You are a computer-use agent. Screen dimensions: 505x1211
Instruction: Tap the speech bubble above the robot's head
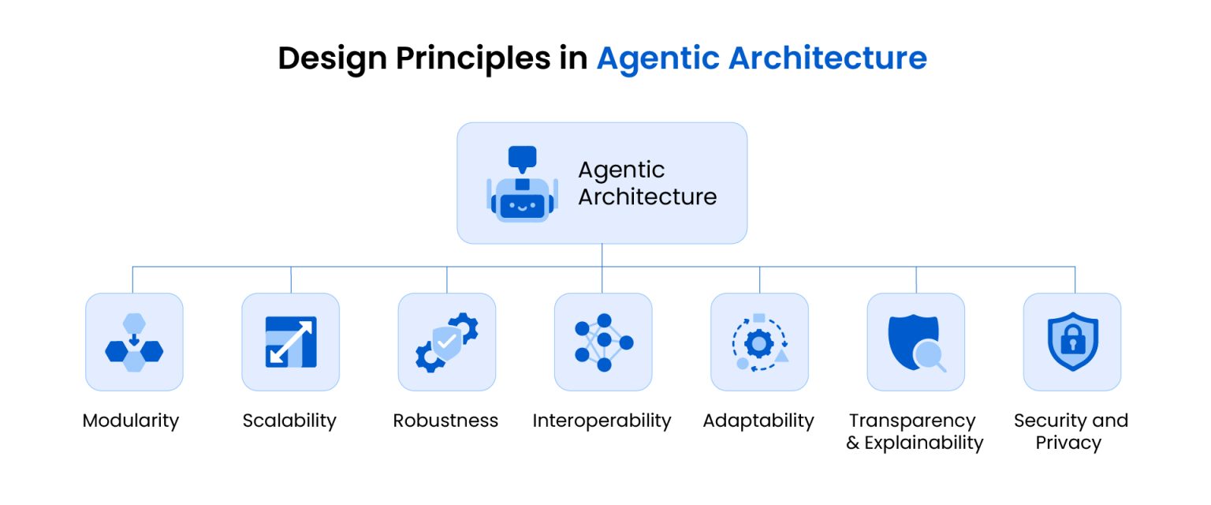click(x=522, y=157)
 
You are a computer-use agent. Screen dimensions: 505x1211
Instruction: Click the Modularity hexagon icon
click(x=134, y=342)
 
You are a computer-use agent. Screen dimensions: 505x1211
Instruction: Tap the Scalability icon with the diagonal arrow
click(x=291, y=342)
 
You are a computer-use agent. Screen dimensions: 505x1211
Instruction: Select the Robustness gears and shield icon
click(x=447, y=342)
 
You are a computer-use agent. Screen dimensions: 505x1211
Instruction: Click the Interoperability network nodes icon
click(x=603, y=342)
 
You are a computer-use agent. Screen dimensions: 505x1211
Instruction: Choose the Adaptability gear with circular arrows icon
click(x=759, y=342)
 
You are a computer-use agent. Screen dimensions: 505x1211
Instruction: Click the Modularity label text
click(x=131, y=421)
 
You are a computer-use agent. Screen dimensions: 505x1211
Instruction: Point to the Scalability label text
click(x=289, y=421)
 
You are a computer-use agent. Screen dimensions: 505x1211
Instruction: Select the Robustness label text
click(x=445, y=421)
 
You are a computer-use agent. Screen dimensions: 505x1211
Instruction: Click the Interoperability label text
click(x=602, y=421)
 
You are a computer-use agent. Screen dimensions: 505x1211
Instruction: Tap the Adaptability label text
click(x=758, y=421)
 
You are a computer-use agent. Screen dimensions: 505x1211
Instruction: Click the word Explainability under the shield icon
click(x=924, y=443)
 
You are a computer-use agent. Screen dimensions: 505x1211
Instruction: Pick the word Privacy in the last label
click(x=1068, y=443)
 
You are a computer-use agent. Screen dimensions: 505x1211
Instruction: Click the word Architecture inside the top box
click(x=647, y=196)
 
